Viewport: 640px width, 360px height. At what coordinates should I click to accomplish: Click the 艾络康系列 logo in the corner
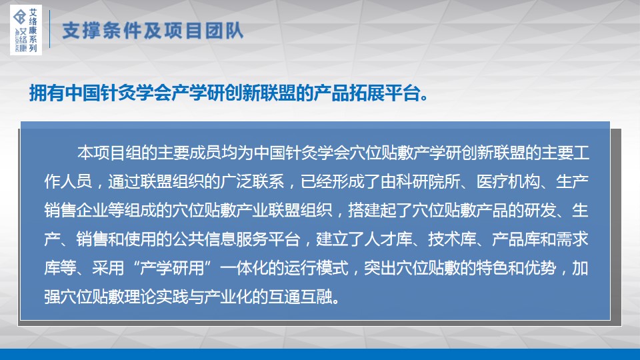[26, 30]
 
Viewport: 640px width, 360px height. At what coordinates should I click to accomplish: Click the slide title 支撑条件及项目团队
[153, 31]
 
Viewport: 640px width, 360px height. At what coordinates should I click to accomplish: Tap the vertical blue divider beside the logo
[50, 29]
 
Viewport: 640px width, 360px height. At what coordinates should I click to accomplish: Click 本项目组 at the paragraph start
[109, 153]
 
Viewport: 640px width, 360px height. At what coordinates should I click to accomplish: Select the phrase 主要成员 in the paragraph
[189, 153]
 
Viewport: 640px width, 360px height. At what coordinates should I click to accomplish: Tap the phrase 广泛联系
[252, 181]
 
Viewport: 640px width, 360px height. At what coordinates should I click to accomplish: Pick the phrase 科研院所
[428, 181]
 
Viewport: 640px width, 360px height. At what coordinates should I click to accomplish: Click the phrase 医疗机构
[508, 181]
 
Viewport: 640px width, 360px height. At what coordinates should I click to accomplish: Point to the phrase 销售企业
[76, 211]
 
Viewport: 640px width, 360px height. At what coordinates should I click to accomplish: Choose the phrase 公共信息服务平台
[236, 239]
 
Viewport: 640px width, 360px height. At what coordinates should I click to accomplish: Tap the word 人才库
[388, 239]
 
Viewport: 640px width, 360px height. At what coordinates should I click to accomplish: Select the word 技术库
[452, 239]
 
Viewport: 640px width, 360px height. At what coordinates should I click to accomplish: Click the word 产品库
[516, 239]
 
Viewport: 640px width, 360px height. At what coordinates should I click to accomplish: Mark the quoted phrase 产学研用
[172, 268]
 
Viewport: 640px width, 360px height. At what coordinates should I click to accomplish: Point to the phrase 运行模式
[316, 268]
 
